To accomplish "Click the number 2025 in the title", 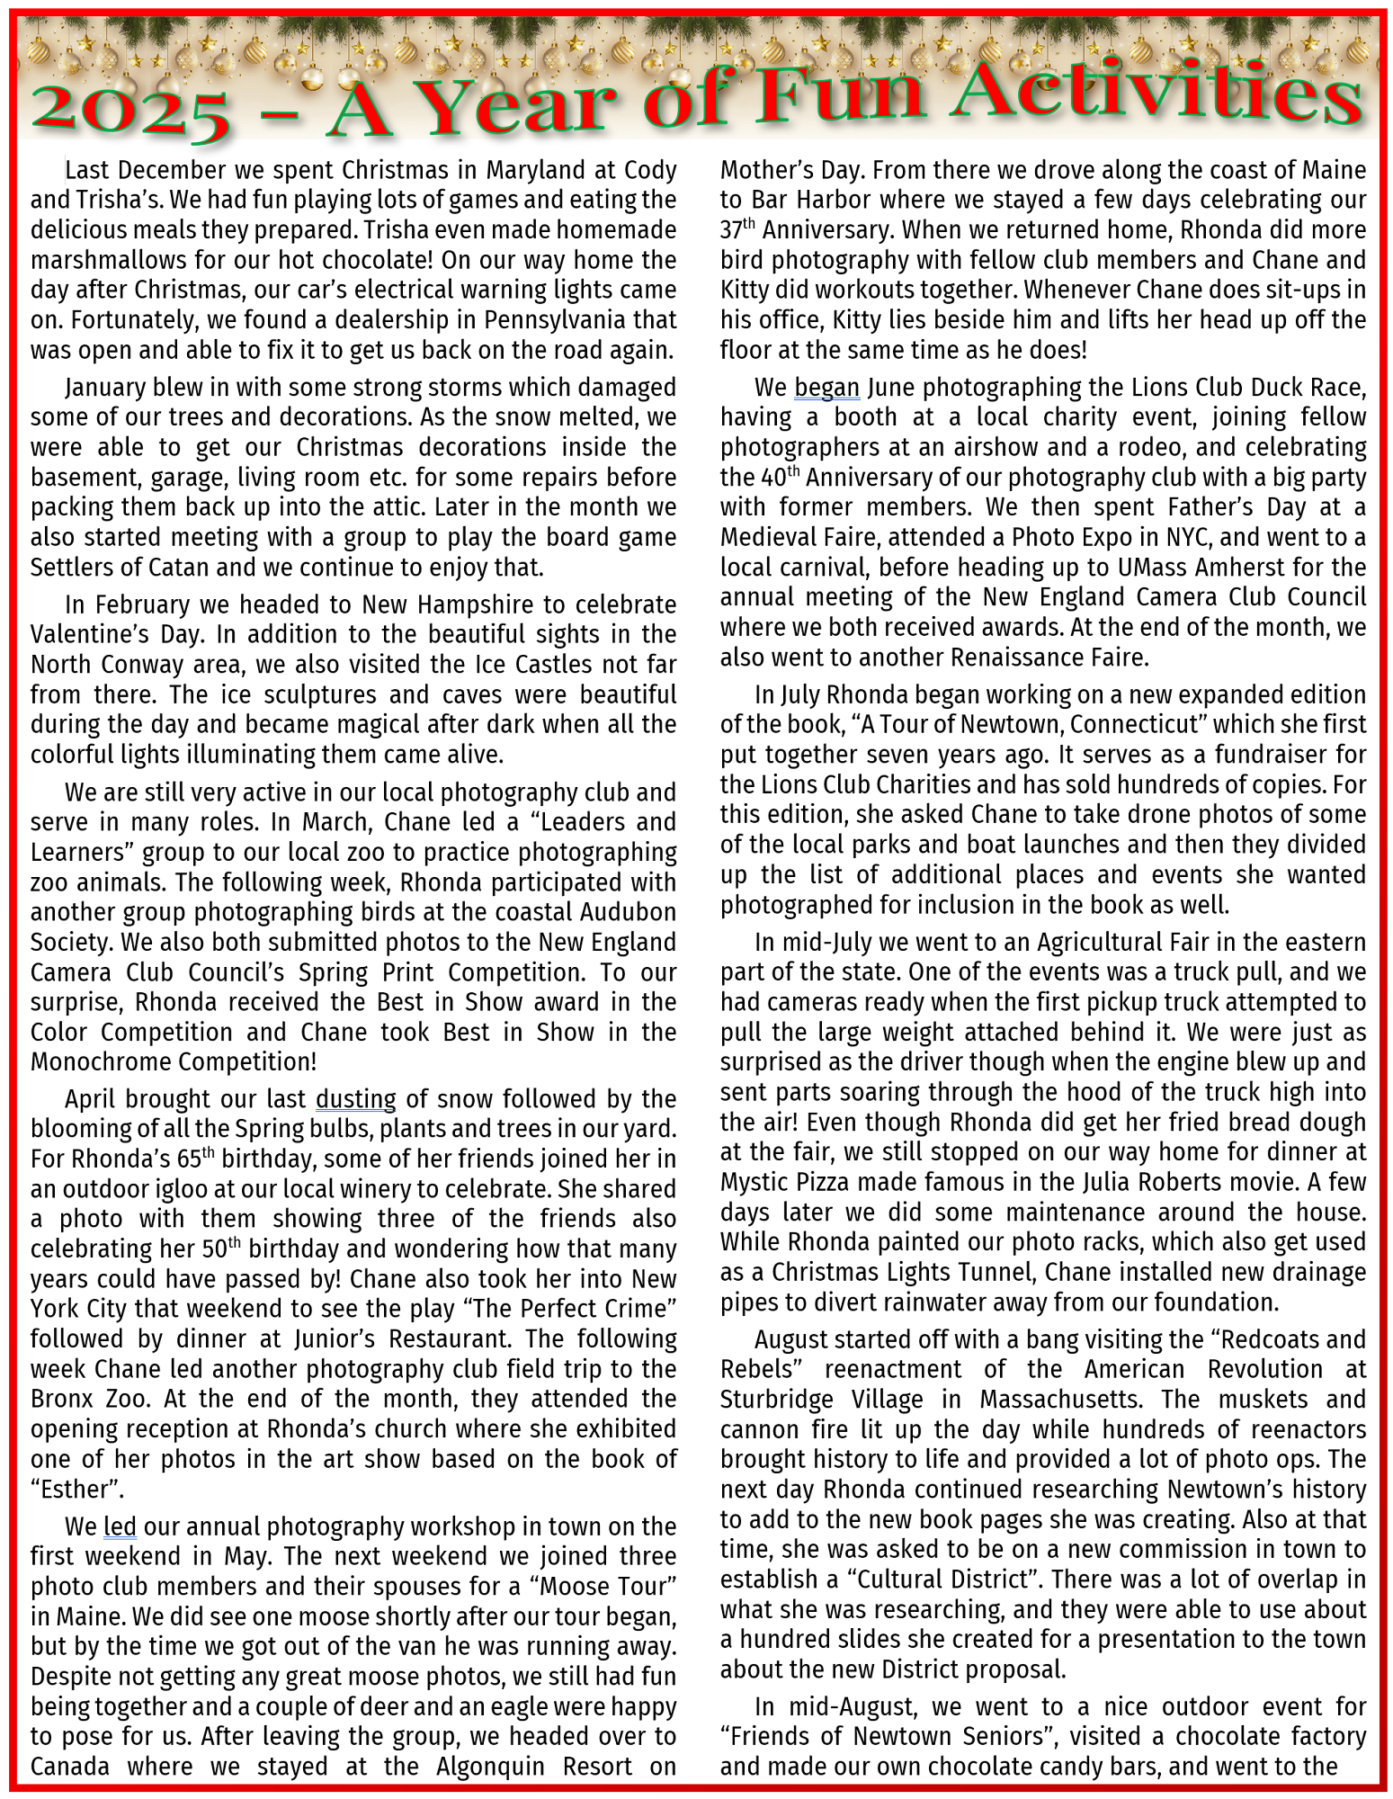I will [130, 110].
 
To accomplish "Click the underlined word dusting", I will [355, 1099].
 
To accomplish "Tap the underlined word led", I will [120, 1526].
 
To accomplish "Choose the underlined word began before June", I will [826, 388].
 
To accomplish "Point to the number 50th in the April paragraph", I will [221, 1249].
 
